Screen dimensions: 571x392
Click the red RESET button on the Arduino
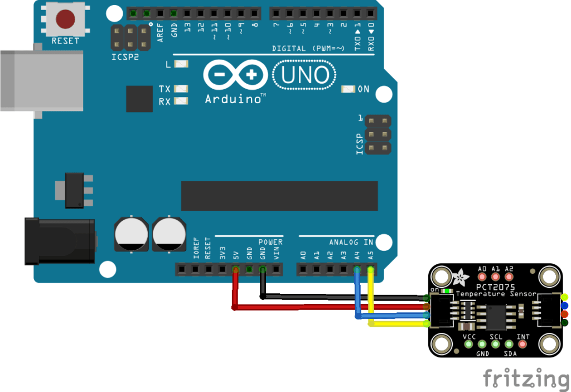coord(65,20)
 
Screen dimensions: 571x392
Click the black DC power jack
coord(59,240)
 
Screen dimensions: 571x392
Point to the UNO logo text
coord(304,75)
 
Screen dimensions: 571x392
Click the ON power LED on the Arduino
coord(349,89)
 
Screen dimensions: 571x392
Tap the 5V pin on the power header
coord(235,270)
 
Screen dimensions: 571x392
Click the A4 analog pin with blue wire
coord(357,270)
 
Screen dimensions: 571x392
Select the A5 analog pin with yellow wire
coord(371,270)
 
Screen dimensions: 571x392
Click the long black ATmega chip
coord(279,196)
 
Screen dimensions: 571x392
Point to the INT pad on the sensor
coord(522,344)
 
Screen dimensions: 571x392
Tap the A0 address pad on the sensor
coord(482,276)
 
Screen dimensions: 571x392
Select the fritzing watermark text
coord(526,378)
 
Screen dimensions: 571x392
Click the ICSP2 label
coord(125,57)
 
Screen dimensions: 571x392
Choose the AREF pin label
coord(161,30)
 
